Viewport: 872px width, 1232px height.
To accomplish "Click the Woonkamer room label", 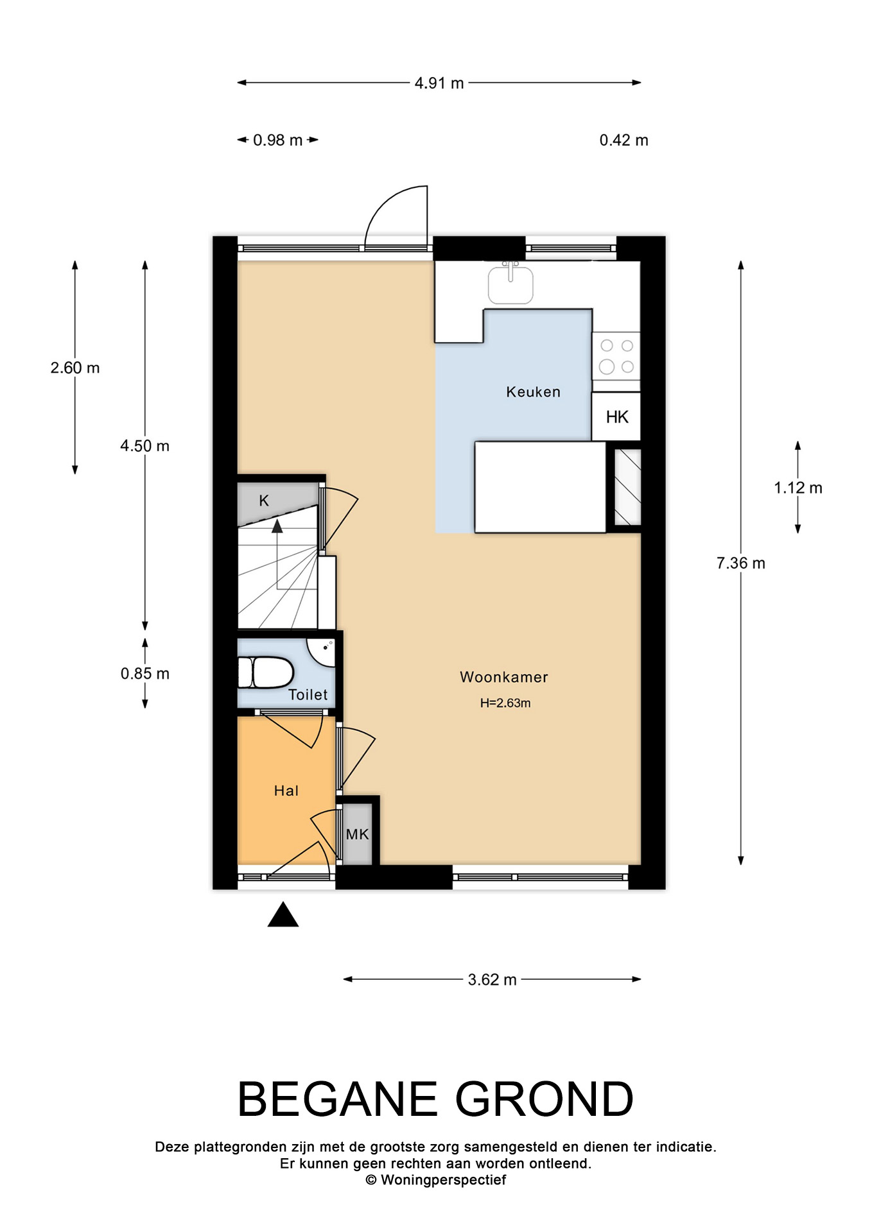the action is [x=504, y=677].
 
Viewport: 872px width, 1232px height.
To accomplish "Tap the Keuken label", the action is [x=533, y=391].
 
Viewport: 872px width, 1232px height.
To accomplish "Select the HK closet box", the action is [x=616, y=416].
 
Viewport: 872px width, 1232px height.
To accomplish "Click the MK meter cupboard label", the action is [x=358, y=834].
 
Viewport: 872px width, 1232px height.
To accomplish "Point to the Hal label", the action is [x=286, y=791].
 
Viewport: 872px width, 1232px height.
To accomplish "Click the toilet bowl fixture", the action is [x=266, y=672].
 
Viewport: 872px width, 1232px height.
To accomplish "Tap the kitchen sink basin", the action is [x=510, y=284].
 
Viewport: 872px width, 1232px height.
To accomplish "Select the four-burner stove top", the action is [x=616, y=356].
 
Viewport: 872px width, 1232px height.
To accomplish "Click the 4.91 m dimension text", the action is [x=439, y=83].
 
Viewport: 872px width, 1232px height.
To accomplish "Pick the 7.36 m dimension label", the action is [x=741, y=563].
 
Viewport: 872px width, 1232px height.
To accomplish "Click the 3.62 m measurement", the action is [x=493, y=980].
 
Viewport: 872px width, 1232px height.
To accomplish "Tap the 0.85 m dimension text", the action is [x=145, y=674].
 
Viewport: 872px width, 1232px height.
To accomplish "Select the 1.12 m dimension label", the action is [x=798, y=488].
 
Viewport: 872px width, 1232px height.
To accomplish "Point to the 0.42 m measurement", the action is [x=624, y=140].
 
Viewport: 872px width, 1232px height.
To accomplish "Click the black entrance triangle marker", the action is [x=283, y=914].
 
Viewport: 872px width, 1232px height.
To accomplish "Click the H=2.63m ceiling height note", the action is [x=505, y=703].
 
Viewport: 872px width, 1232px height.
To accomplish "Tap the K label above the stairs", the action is [x=264, y=501].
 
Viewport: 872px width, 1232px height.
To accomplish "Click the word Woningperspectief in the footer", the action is [x=443, y=1180].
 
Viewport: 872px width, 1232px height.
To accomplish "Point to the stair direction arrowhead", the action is [x=277, y=526].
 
